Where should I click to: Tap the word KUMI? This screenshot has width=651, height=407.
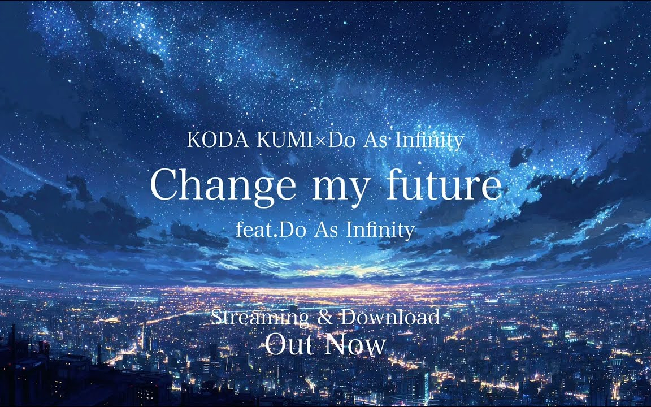coord(284,141)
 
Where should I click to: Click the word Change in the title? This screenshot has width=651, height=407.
coord(223,185)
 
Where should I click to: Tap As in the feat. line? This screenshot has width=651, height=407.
coord(326,230)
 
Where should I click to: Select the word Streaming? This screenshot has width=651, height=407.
coord(260,318)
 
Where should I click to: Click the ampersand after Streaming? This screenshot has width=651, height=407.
coord(325,318)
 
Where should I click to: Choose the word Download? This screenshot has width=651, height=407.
coord(390,317)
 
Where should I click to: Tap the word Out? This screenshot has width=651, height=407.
coord(290,345)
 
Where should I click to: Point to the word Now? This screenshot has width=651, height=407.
coord(356,345)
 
